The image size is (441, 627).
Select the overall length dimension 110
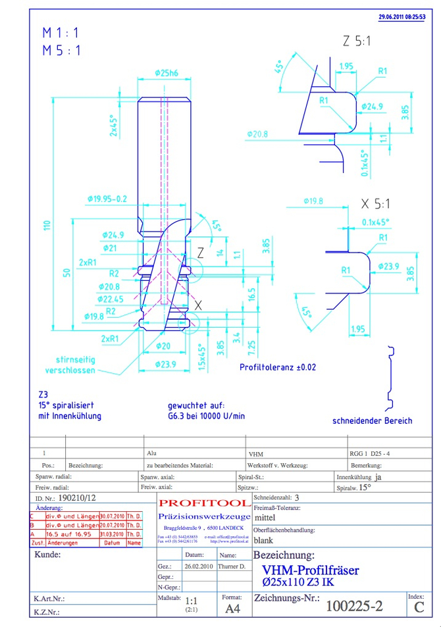coord(47,225)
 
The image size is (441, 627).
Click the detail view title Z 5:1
coord(357,41)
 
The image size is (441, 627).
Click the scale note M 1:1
coord(61,32)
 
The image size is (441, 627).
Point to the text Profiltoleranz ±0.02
coord(277,367)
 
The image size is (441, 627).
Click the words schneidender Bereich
coord(373,420)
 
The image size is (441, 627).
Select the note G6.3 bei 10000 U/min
coord(206,416)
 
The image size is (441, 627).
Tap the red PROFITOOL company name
coord(203,503)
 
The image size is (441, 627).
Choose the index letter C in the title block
coord(419,607)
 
